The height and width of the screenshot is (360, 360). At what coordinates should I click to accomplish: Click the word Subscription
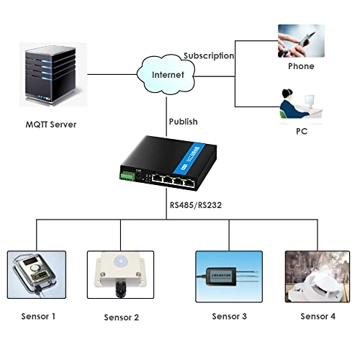coord(209,55)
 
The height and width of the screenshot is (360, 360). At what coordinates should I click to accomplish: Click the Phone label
coord(300,66)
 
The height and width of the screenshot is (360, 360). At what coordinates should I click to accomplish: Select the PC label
coord(301,132)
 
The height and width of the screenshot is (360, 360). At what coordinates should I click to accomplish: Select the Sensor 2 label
coord(121,317)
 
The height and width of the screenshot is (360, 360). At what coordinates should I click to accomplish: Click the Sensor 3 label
coord(229,315)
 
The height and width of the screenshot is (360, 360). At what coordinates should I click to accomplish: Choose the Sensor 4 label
coord(318,315)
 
